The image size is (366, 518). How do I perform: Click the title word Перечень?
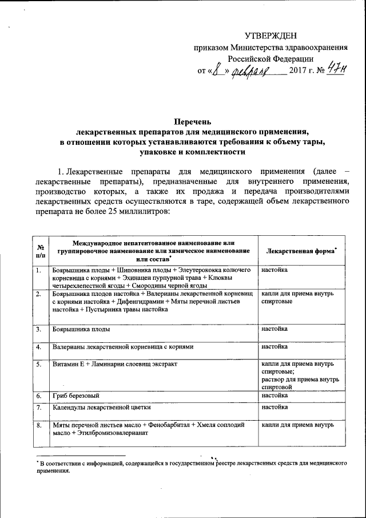(x=192, y=121)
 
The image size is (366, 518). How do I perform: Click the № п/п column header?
(x=41, y=251)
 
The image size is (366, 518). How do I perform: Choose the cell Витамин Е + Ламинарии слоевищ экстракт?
(x=115, y=364)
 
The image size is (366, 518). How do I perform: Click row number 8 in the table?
(x=38, y=426)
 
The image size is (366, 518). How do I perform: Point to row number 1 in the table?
(x=38, y=270)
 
